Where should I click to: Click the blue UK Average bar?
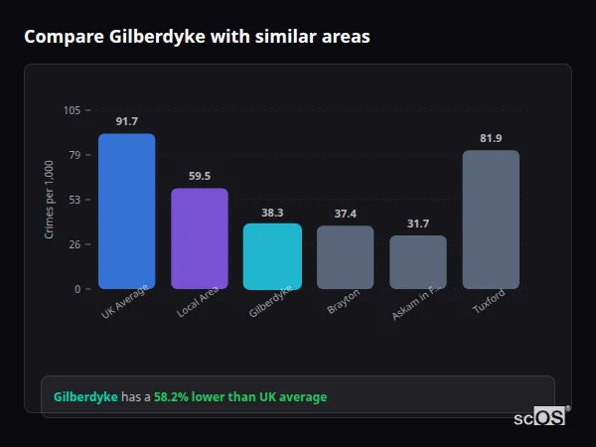pyautogui.click(x=126, y=211)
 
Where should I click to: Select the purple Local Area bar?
pyautogui.click(x=199, y=238)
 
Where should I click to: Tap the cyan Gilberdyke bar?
pyautogui.click(x=272, y=255)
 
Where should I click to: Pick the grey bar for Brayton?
pyautogui.click(x=345, y=257)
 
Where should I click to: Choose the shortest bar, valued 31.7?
pyautogui.click(x=417, y=262)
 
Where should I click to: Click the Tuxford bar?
pyautogui.click(x=491, y=220)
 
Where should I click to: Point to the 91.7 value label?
pyautogui.click(x=126, y=121)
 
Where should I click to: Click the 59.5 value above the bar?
pyautogui.click(x=199, y=176)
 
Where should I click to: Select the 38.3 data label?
pyautogui.click(x=272, y=212)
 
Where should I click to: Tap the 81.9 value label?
pyautogui.click(x=491, y=138)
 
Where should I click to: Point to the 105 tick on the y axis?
pyautogui.click(x=73, y=110)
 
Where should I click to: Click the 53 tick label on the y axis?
pyautogui.click(x=74, y=200)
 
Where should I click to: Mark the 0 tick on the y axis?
pyautogui.click(x=77, y=289)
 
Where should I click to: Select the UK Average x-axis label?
pyautogui.click(x=125, y=302)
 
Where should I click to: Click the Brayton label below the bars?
pyautogui.click(x=343, y=302)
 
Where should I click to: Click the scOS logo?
pyautogui.click(x=540, y=417)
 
